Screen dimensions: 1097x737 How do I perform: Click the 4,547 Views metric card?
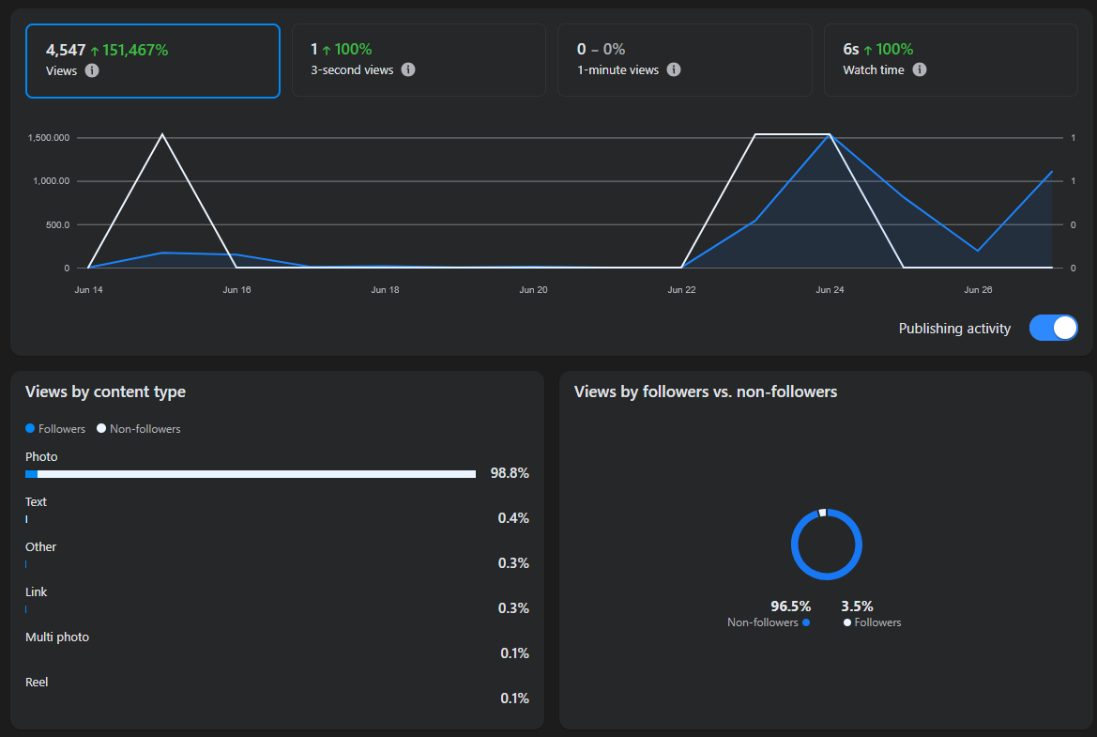point(153,61)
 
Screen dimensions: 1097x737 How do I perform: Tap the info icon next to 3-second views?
point(408,69)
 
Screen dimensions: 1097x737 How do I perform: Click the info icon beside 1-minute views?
point(674,69)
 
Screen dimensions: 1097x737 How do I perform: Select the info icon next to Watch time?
point(920,69)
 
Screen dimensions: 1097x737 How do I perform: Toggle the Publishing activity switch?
point(1053,328)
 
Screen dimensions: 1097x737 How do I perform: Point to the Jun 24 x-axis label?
point(830,290)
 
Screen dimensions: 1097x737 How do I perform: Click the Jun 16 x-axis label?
point(236,290)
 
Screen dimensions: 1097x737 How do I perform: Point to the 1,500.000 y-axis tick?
point(48,138)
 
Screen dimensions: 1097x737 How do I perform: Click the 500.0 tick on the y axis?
point(58,224)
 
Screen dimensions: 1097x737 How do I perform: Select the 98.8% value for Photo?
point(510,473)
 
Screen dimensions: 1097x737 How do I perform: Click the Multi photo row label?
point(57,637)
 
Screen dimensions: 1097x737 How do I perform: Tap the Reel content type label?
point(37,682)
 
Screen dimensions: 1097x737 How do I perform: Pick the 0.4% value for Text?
point(513,518)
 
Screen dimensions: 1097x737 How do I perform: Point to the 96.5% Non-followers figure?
point(790,606)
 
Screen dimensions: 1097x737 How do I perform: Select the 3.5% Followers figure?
point(857,606)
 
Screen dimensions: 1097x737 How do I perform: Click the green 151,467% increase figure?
point(135,50)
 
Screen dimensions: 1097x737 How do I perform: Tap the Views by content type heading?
point(106,392)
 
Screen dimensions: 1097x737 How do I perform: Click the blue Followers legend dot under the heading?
point(30,428)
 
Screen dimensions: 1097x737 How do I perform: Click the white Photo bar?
point(256,474)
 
